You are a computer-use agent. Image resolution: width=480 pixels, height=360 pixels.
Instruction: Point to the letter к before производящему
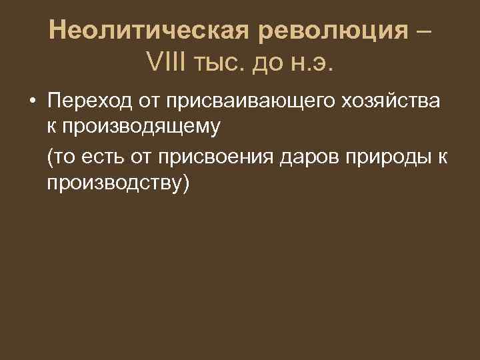pos(51,125)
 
